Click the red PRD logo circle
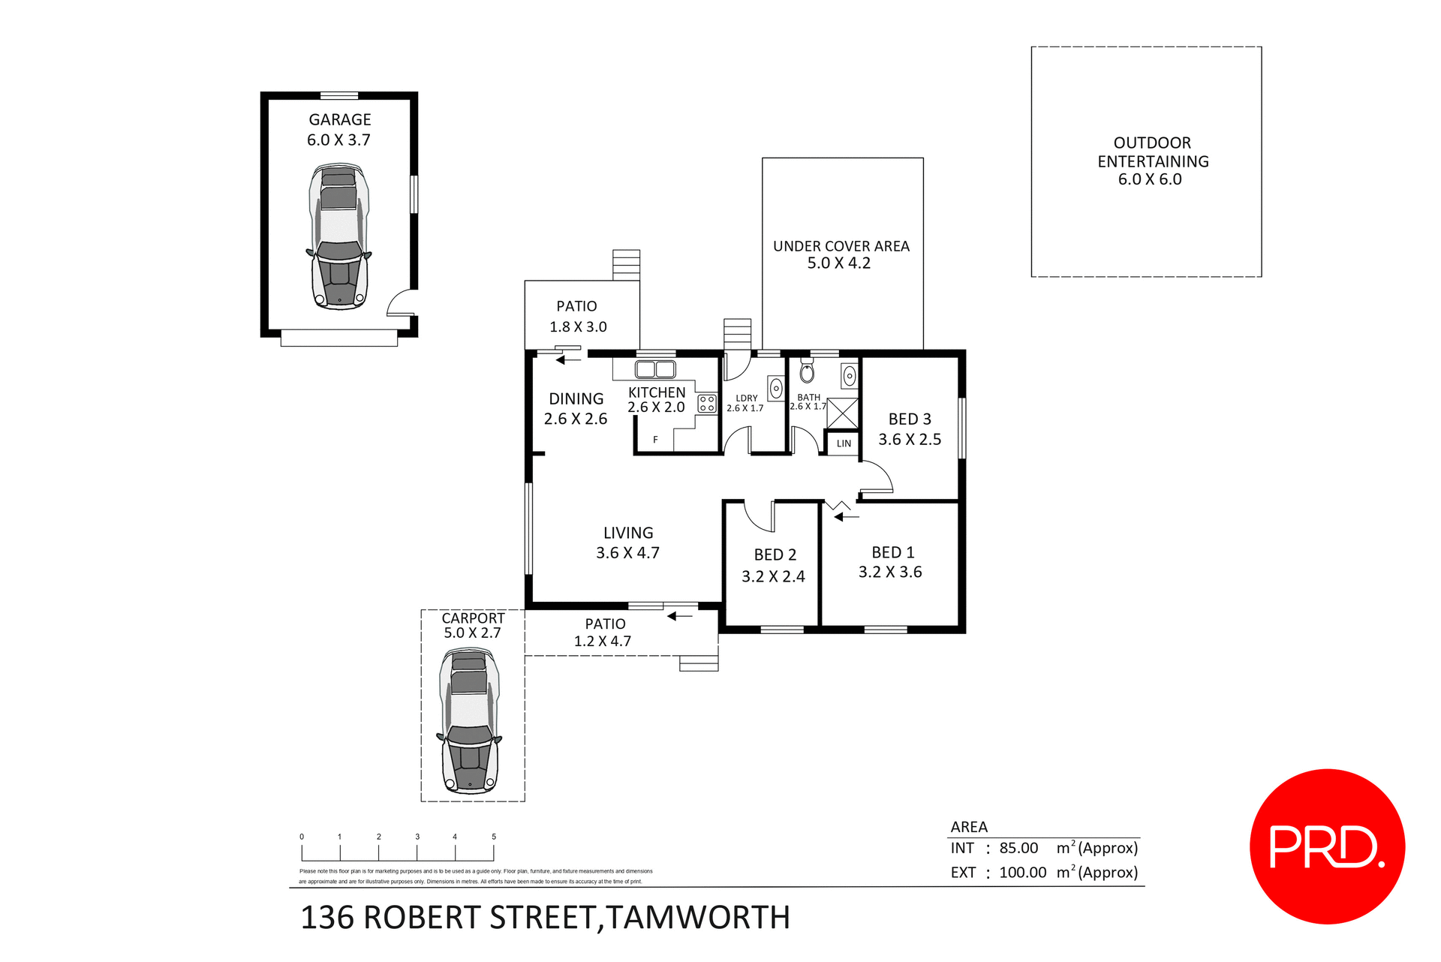(1326, 846)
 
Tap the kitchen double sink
(655, 369)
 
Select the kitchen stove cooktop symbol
(706, 404)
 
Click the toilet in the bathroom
(807, 371)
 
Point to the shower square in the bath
(842, 413)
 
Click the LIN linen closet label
(844, 443)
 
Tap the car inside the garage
(339, 237)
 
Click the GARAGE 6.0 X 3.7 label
(339, 129)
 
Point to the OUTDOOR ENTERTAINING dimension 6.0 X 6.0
(1149, 179)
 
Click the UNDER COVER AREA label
(841, 246)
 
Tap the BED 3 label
(909, 419)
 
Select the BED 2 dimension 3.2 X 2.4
(772, 576)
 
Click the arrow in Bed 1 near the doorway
(845, 516)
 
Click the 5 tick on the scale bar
(494, 837)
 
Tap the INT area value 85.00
(1018, 848)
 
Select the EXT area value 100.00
(1022, 872)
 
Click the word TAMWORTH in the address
(697, 917)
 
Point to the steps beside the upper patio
(626, 265)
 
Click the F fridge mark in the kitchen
(655, 440)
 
